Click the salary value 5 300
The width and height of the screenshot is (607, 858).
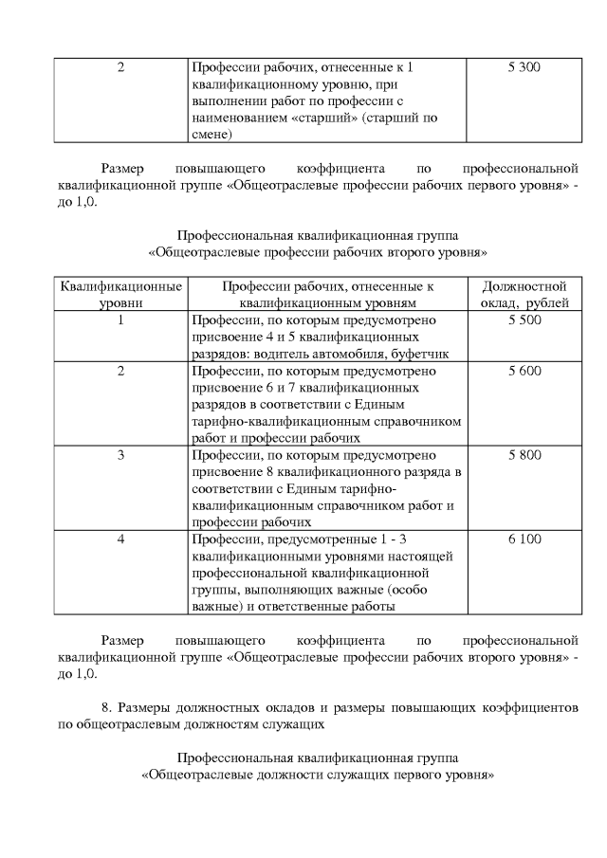(x=524, y=68)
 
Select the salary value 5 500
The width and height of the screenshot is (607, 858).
(x=524, y=320)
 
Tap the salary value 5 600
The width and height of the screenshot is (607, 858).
(x=524, y=371)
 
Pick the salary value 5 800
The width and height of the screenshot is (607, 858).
(x=524, y=455)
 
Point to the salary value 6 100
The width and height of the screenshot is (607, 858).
(x=524, y=539)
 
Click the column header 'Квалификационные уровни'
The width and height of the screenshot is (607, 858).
(x=120, y=294)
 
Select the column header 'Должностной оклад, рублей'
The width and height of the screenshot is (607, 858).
(x=524, y=294)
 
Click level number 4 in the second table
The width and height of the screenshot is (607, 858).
(x=120, y=539)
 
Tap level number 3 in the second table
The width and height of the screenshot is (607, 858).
(x=120, y=455)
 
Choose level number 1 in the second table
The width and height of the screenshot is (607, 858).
(x=120, y=320)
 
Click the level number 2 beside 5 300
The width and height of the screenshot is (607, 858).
(x=120, y=68)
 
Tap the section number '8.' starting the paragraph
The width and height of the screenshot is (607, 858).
(x=107, y=707)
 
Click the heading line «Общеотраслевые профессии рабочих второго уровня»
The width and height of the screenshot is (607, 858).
(x=318, y=253)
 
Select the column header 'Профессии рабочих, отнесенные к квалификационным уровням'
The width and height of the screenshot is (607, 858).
(x=327, y=294)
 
